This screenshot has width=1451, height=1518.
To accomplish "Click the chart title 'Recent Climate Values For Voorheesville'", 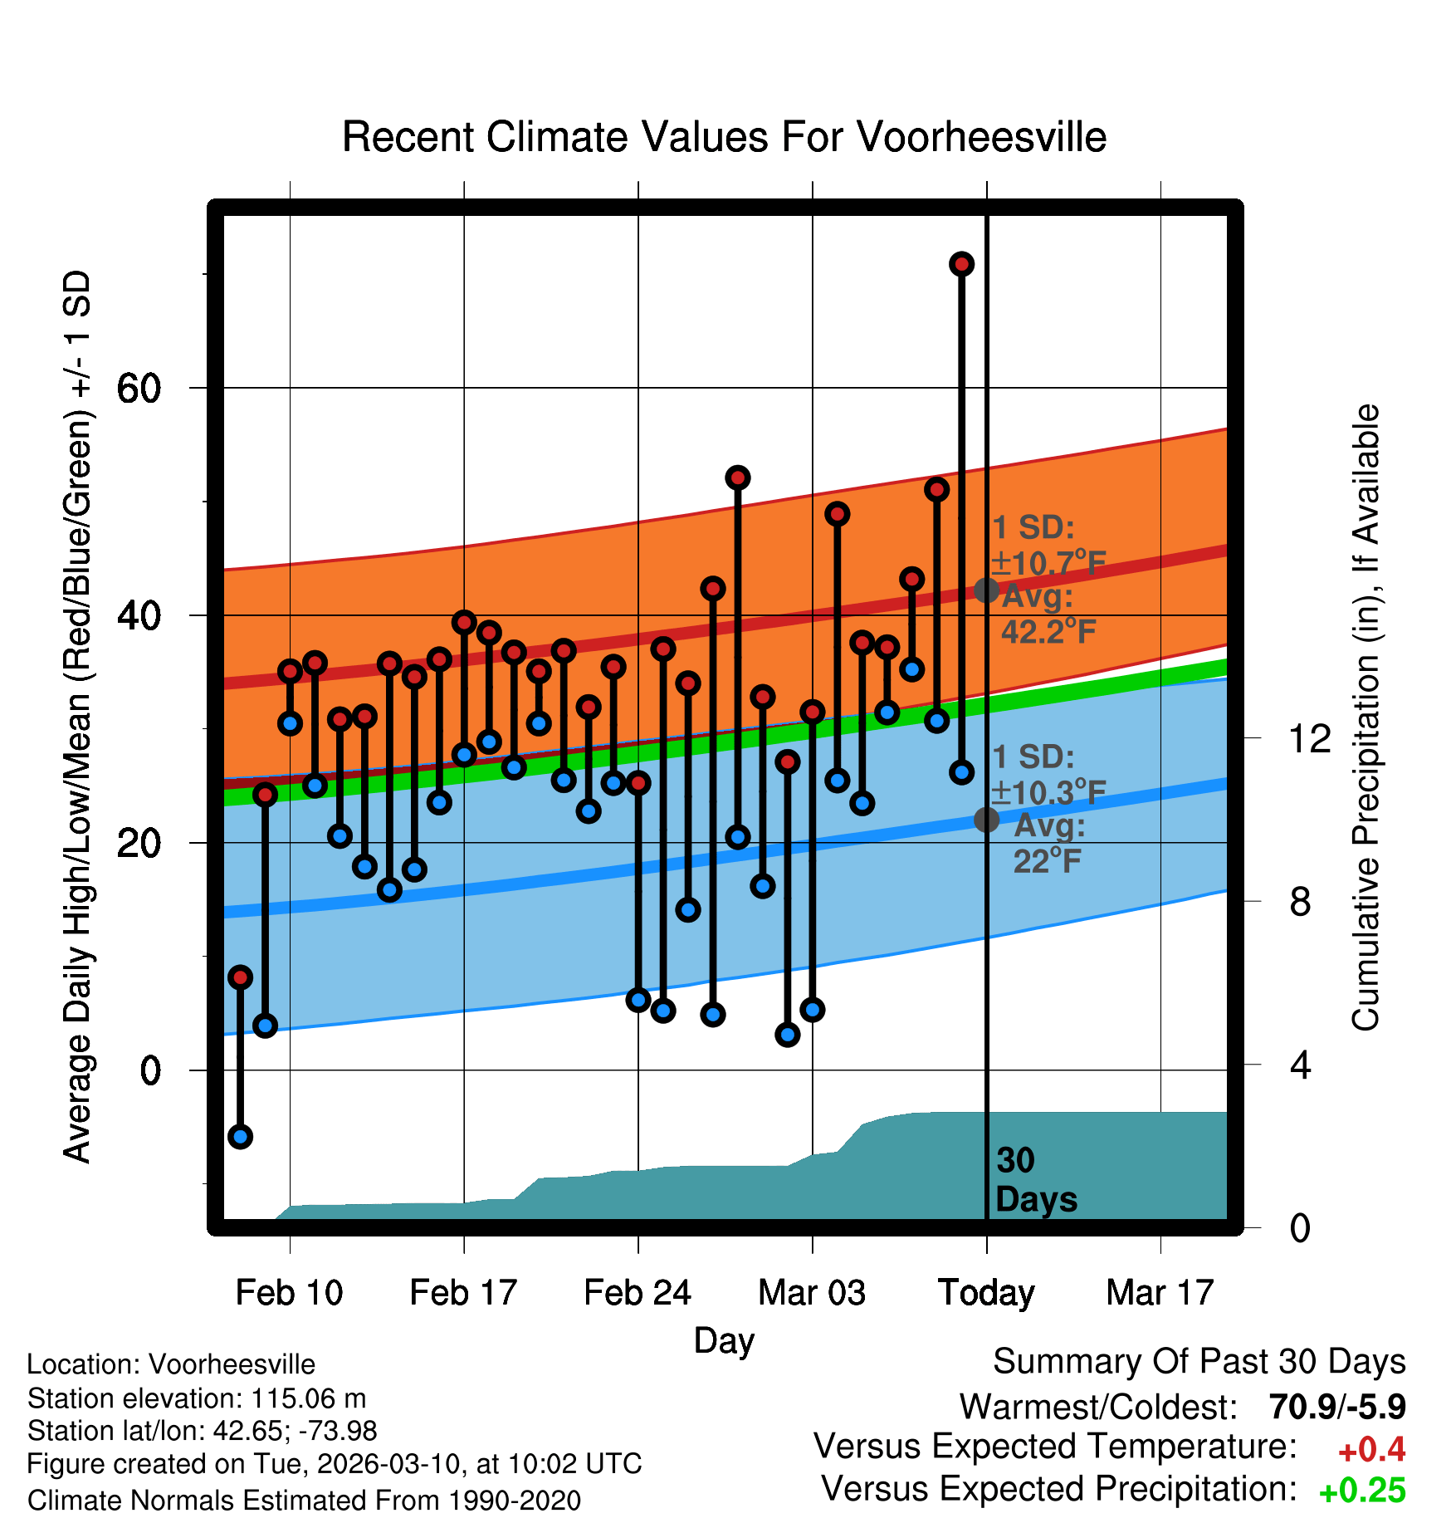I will coord(724,137).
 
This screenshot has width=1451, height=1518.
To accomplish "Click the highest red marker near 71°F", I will coord(961,264).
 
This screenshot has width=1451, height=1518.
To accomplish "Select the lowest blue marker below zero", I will coord(240,1137).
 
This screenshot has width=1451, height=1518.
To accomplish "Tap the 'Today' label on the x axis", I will coord(986,1293).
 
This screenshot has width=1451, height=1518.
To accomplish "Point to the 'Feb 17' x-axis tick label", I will coord(463,1293).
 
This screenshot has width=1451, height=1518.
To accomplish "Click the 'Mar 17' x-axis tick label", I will coord(1160,1293).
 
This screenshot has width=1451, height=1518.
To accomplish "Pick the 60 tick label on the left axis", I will coord(139,388).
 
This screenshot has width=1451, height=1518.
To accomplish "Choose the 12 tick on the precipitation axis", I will coord(1309,738).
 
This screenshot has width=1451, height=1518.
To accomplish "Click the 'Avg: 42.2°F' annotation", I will coord(1048,615).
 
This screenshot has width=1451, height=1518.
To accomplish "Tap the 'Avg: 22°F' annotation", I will coord(1048,844).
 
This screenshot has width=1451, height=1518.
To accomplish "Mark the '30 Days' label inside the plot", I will coord(1035,1180).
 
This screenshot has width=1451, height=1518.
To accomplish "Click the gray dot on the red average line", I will coord(986,590).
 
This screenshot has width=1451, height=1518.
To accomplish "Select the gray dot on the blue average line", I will coord(986,820).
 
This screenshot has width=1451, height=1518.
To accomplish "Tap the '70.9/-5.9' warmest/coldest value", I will coord(1336,1407).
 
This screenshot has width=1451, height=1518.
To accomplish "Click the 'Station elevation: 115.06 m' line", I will coord(197,1398).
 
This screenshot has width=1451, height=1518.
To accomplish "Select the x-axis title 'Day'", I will coord(724,1340).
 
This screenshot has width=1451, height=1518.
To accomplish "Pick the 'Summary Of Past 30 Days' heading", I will coord(1199,1362).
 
